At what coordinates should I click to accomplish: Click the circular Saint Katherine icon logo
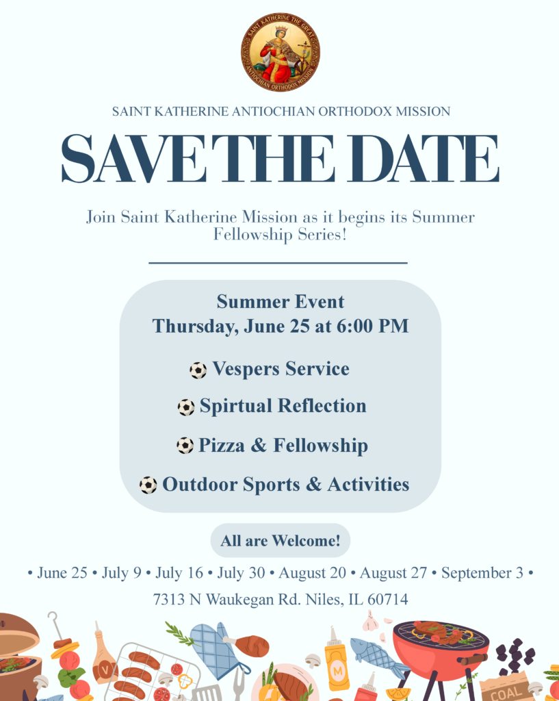280,52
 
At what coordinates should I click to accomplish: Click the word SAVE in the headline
133,159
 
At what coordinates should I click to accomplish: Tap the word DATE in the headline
428,159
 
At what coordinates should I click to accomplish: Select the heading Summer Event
281,302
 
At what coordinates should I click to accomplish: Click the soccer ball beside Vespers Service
198,370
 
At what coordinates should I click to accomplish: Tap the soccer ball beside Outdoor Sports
148,485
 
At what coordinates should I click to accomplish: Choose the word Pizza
221,445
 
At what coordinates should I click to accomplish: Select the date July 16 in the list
179,573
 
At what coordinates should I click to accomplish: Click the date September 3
482,573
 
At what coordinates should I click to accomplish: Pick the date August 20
313,573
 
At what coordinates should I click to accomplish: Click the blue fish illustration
378,657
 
